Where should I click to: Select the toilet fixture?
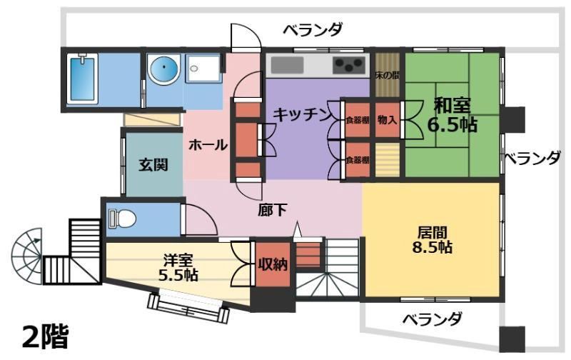coord(122,219)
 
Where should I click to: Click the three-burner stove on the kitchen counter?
coord(349,66)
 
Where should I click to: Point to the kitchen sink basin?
coord(287,66)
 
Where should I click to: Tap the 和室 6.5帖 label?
coord(452,115)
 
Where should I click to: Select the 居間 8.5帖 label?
coord(433,240)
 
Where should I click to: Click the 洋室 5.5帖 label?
coord(178,268)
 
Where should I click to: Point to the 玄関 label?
coord(153,165)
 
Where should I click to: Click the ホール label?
coord(208,146)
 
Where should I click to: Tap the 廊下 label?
coord(273,210)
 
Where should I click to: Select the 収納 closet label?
coord(273,264)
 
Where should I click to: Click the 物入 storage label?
coord(387,119)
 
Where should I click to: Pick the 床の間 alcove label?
coord(388,76)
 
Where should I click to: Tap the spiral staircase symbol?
coord(26,256)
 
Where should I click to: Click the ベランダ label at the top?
coord(313,29)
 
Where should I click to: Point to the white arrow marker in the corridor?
coord(298,229)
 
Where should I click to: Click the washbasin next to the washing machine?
coord(203,68)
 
